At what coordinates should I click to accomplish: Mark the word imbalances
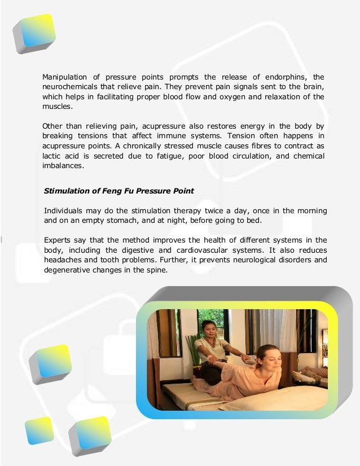(63, 166)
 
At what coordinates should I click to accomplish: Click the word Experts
(59, 240)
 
